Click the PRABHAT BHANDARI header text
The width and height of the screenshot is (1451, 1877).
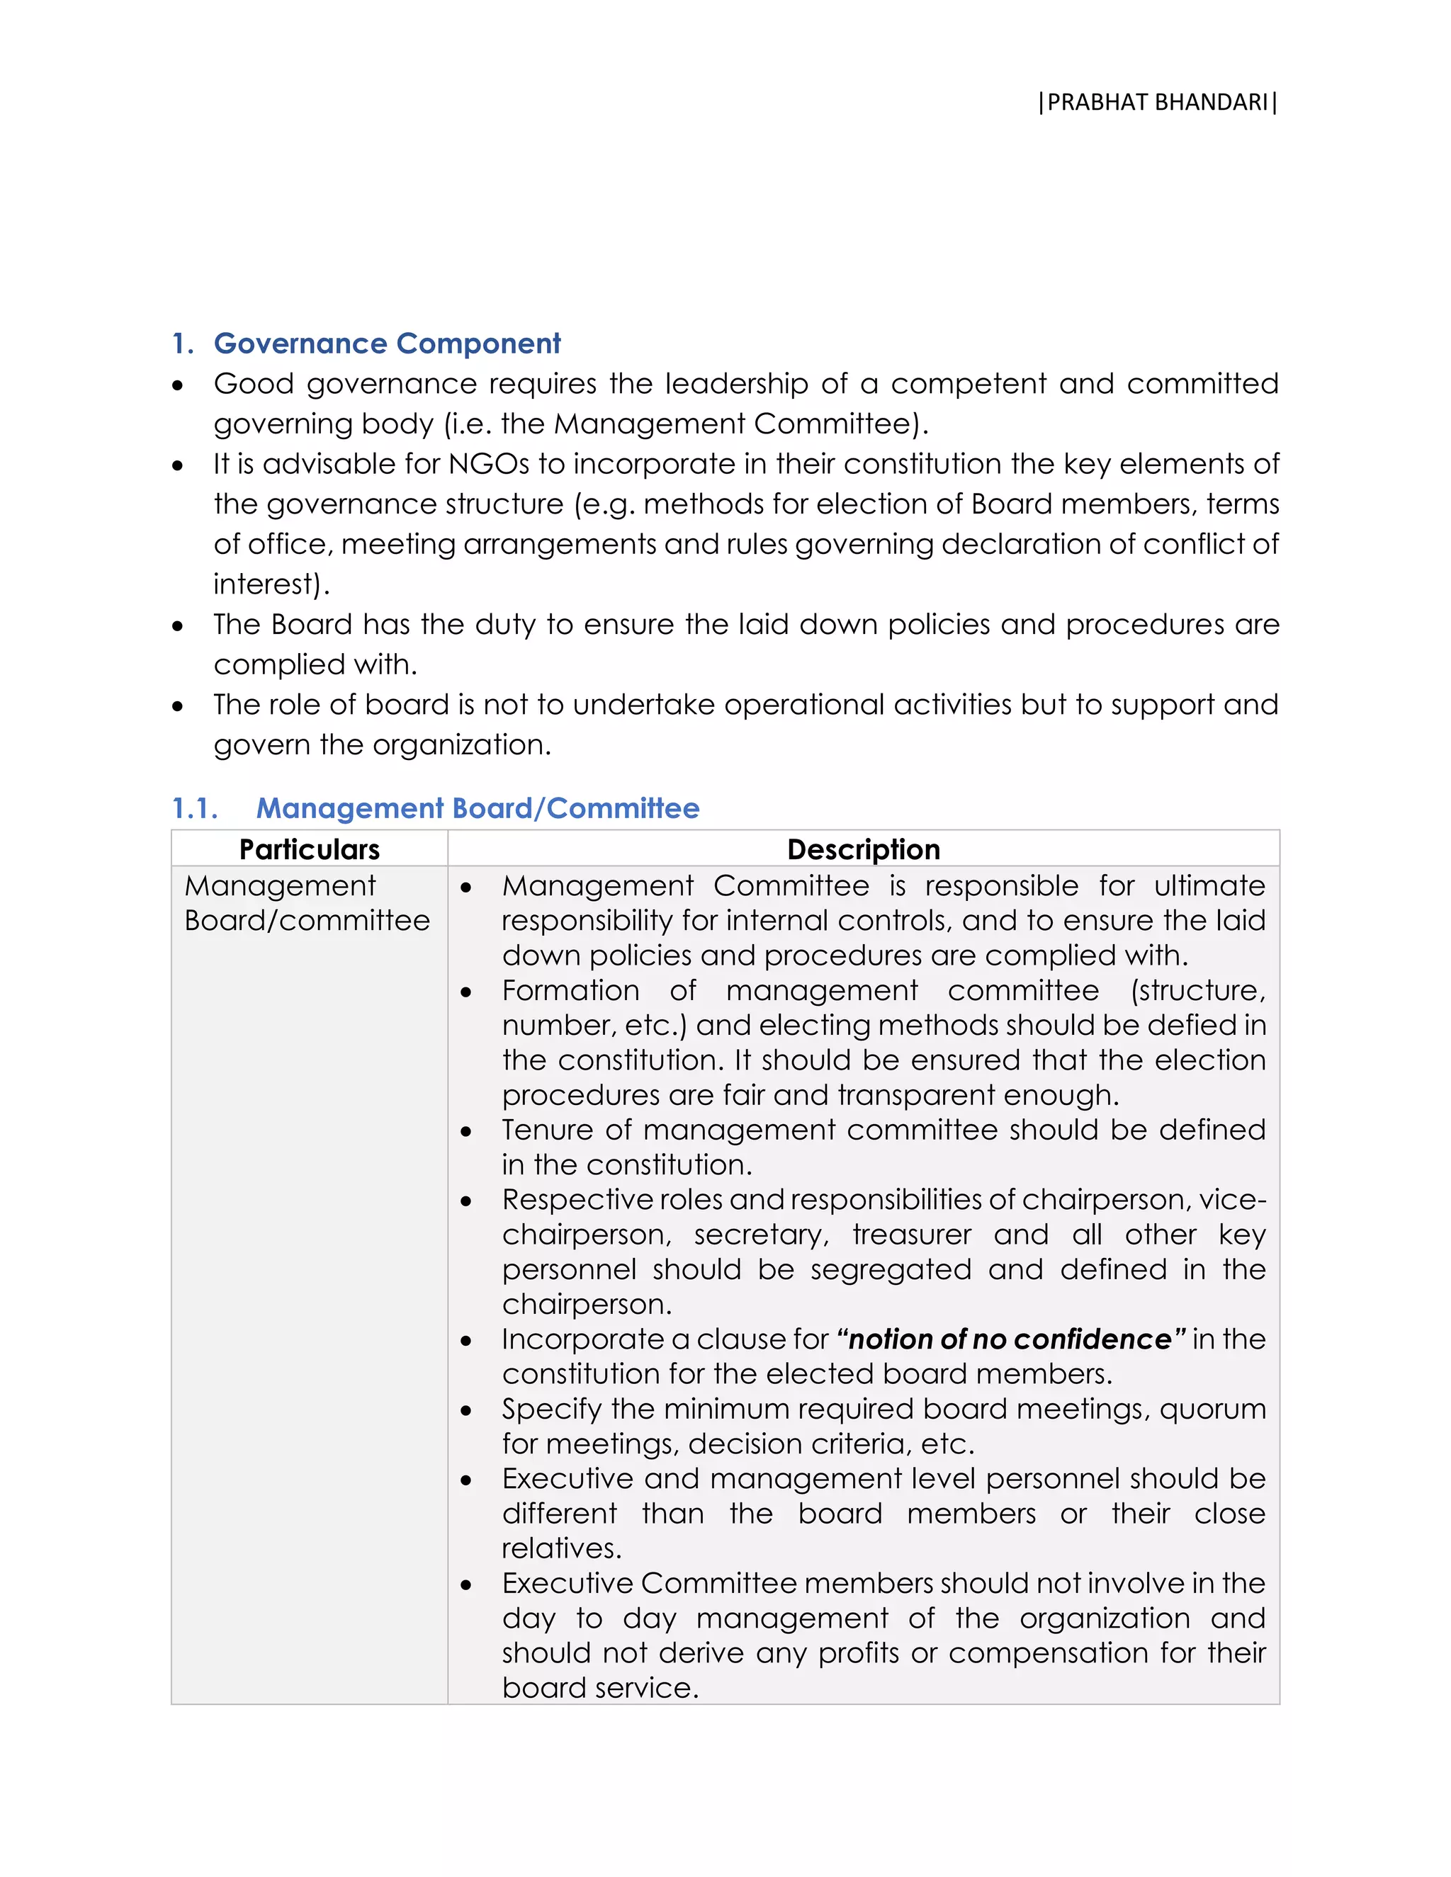coord(1157,102)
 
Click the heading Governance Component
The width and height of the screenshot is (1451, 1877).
coord(387,343)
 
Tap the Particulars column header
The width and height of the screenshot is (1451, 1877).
coord(310,849)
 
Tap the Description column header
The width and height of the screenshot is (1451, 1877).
coord(863,849)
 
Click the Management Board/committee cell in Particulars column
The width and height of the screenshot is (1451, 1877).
coord(306,903)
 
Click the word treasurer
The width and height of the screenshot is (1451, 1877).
coord(911,1235)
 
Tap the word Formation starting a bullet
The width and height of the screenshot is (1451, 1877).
coord(571,990)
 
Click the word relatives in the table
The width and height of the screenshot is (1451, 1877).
coord(560,1548)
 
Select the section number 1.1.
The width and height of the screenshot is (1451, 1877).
coord(194,808)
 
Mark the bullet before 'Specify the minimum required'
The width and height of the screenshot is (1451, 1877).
coord(466,1411)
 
